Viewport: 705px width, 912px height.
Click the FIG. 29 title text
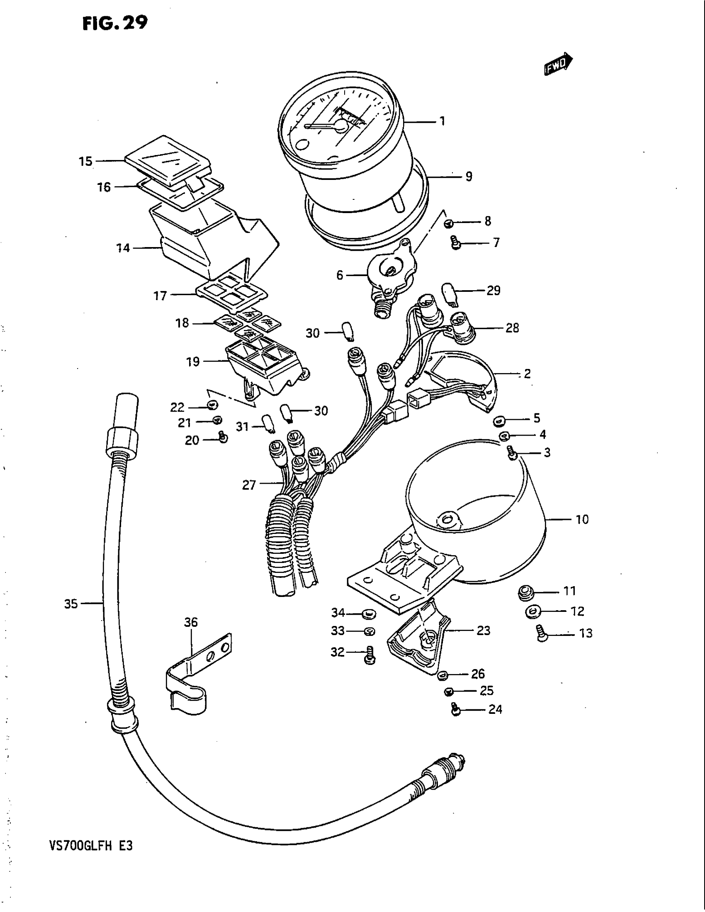[x=115, y=23]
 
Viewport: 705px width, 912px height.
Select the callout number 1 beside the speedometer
[x=442, y=121]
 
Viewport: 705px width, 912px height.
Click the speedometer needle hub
[x=340, y=125]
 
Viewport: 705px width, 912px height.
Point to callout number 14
[x=123, y=248]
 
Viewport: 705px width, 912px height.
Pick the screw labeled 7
[x=456, y=242]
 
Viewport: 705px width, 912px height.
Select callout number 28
[x=512, y=328]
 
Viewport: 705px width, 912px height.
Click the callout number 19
[x=193, y=361]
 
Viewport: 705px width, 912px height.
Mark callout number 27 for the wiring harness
[x=249, y=485]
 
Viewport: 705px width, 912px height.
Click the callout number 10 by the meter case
[x=582, y=519]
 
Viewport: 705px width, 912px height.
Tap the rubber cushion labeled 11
[x=525, y=592]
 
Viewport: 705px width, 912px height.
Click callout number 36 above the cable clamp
[x=190, y=622]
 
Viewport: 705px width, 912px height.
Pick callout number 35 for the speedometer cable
[x=71, y=604]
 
